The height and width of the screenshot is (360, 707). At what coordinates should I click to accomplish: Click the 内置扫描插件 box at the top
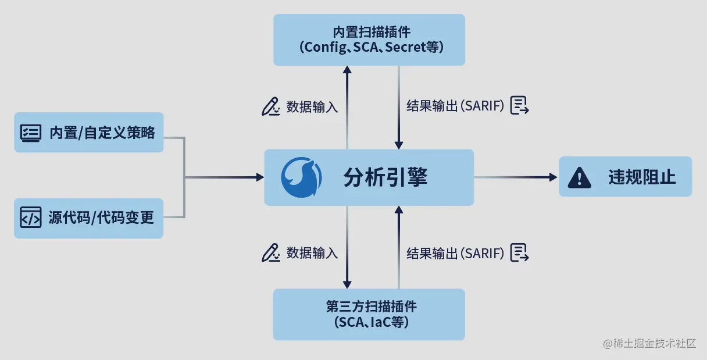(369, 40)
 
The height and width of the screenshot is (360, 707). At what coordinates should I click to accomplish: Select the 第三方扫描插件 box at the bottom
(369, 314)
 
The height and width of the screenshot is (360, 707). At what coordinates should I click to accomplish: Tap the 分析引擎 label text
(385, 177)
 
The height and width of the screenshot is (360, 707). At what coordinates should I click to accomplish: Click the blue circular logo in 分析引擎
(301, 177)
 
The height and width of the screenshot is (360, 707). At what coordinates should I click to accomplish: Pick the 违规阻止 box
(625, 176)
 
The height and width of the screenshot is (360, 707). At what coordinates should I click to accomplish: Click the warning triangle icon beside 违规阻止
(579, 177)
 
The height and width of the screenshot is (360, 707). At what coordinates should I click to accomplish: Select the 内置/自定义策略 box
(88, 133)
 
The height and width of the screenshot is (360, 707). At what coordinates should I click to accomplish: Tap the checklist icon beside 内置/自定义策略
(31, 133)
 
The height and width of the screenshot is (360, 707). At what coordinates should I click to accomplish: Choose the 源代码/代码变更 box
(88, 218)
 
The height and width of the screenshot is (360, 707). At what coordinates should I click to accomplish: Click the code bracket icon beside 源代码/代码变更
(31, 218)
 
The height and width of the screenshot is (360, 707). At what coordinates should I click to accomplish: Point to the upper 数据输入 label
(312, 107)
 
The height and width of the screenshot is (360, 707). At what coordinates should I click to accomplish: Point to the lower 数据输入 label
(312, 253)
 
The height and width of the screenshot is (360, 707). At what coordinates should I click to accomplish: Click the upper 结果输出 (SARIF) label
(455, 107)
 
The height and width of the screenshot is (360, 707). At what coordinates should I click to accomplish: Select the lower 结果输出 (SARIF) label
(455, 253)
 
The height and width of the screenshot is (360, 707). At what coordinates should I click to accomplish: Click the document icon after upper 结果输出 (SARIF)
(519, 106)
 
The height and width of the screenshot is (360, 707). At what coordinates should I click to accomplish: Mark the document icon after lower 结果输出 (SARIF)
(519, 252)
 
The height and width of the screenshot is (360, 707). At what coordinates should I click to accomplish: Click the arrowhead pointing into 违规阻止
(553, 177)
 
